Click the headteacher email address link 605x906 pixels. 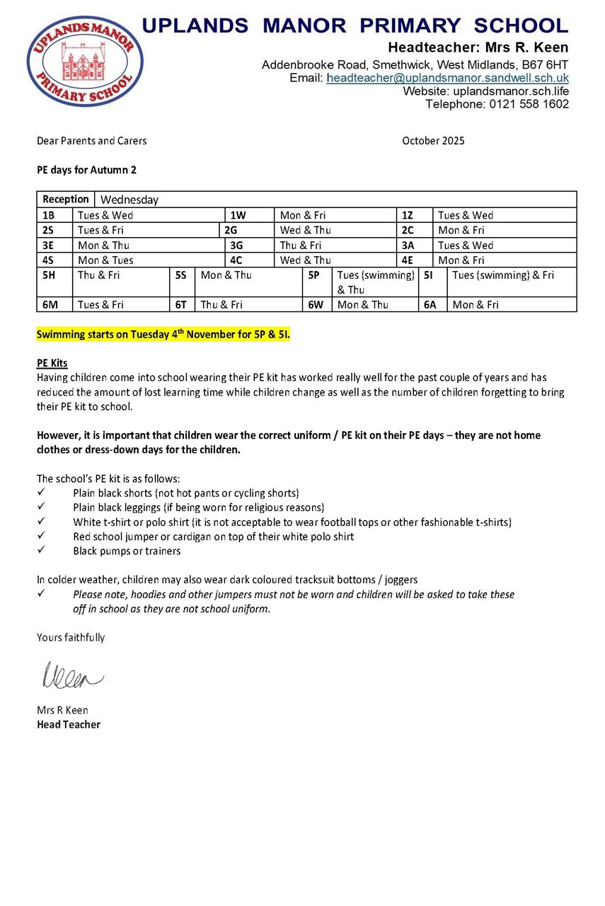(x=447, y=78)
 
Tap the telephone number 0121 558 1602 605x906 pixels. (x=529, y=104)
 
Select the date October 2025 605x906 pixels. (x=433, y=141)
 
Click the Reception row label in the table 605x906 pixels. (x=66, y=200)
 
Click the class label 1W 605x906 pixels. (x=238, y=215)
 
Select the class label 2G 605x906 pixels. (x=231, y=230)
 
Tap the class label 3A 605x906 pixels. (x=408, y=245)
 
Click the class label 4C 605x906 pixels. (x=237, y=260)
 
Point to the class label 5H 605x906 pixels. (x=49, y=275)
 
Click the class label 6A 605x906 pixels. (x=430, y=305)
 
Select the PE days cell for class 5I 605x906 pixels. (x=503, y=275)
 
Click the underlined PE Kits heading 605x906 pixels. (x=52, y=363)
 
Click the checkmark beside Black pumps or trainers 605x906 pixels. (x=41, y=551)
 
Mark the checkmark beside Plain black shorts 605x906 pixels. (x=41, y=492)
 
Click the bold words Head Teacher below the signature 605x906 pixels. (x=69, y=725)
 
